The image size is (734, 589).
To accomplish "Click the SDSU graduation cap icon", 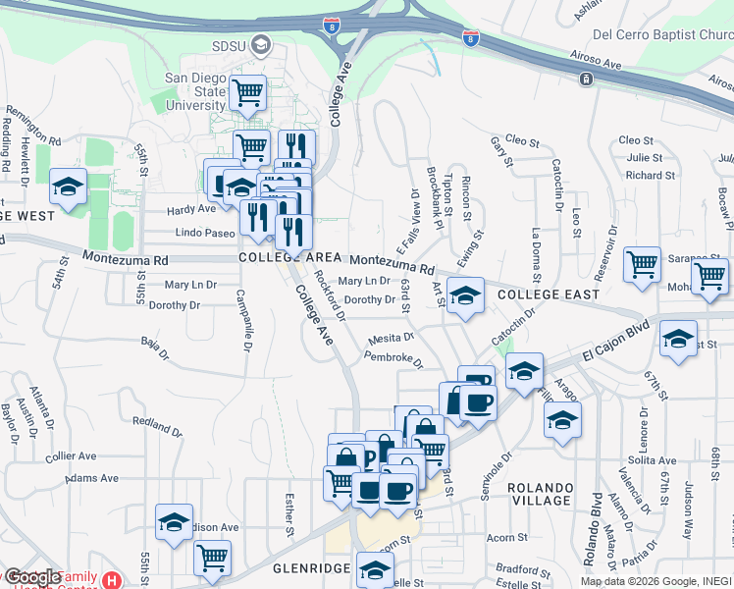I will [x=260, y=44].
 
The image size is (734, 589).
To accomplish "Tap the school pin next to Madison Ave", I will [x=174, y=522].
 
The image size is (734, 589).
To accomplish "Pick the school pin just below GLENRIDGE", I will [x=374, y=568].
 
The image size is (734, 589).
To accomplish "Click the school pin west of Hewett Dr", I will [x=68, y=186].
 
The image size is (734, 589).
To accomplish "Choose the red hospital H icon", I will [x=112, y=579].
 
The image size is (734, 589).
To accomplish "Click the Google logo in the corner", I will [x=31, y=577].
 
